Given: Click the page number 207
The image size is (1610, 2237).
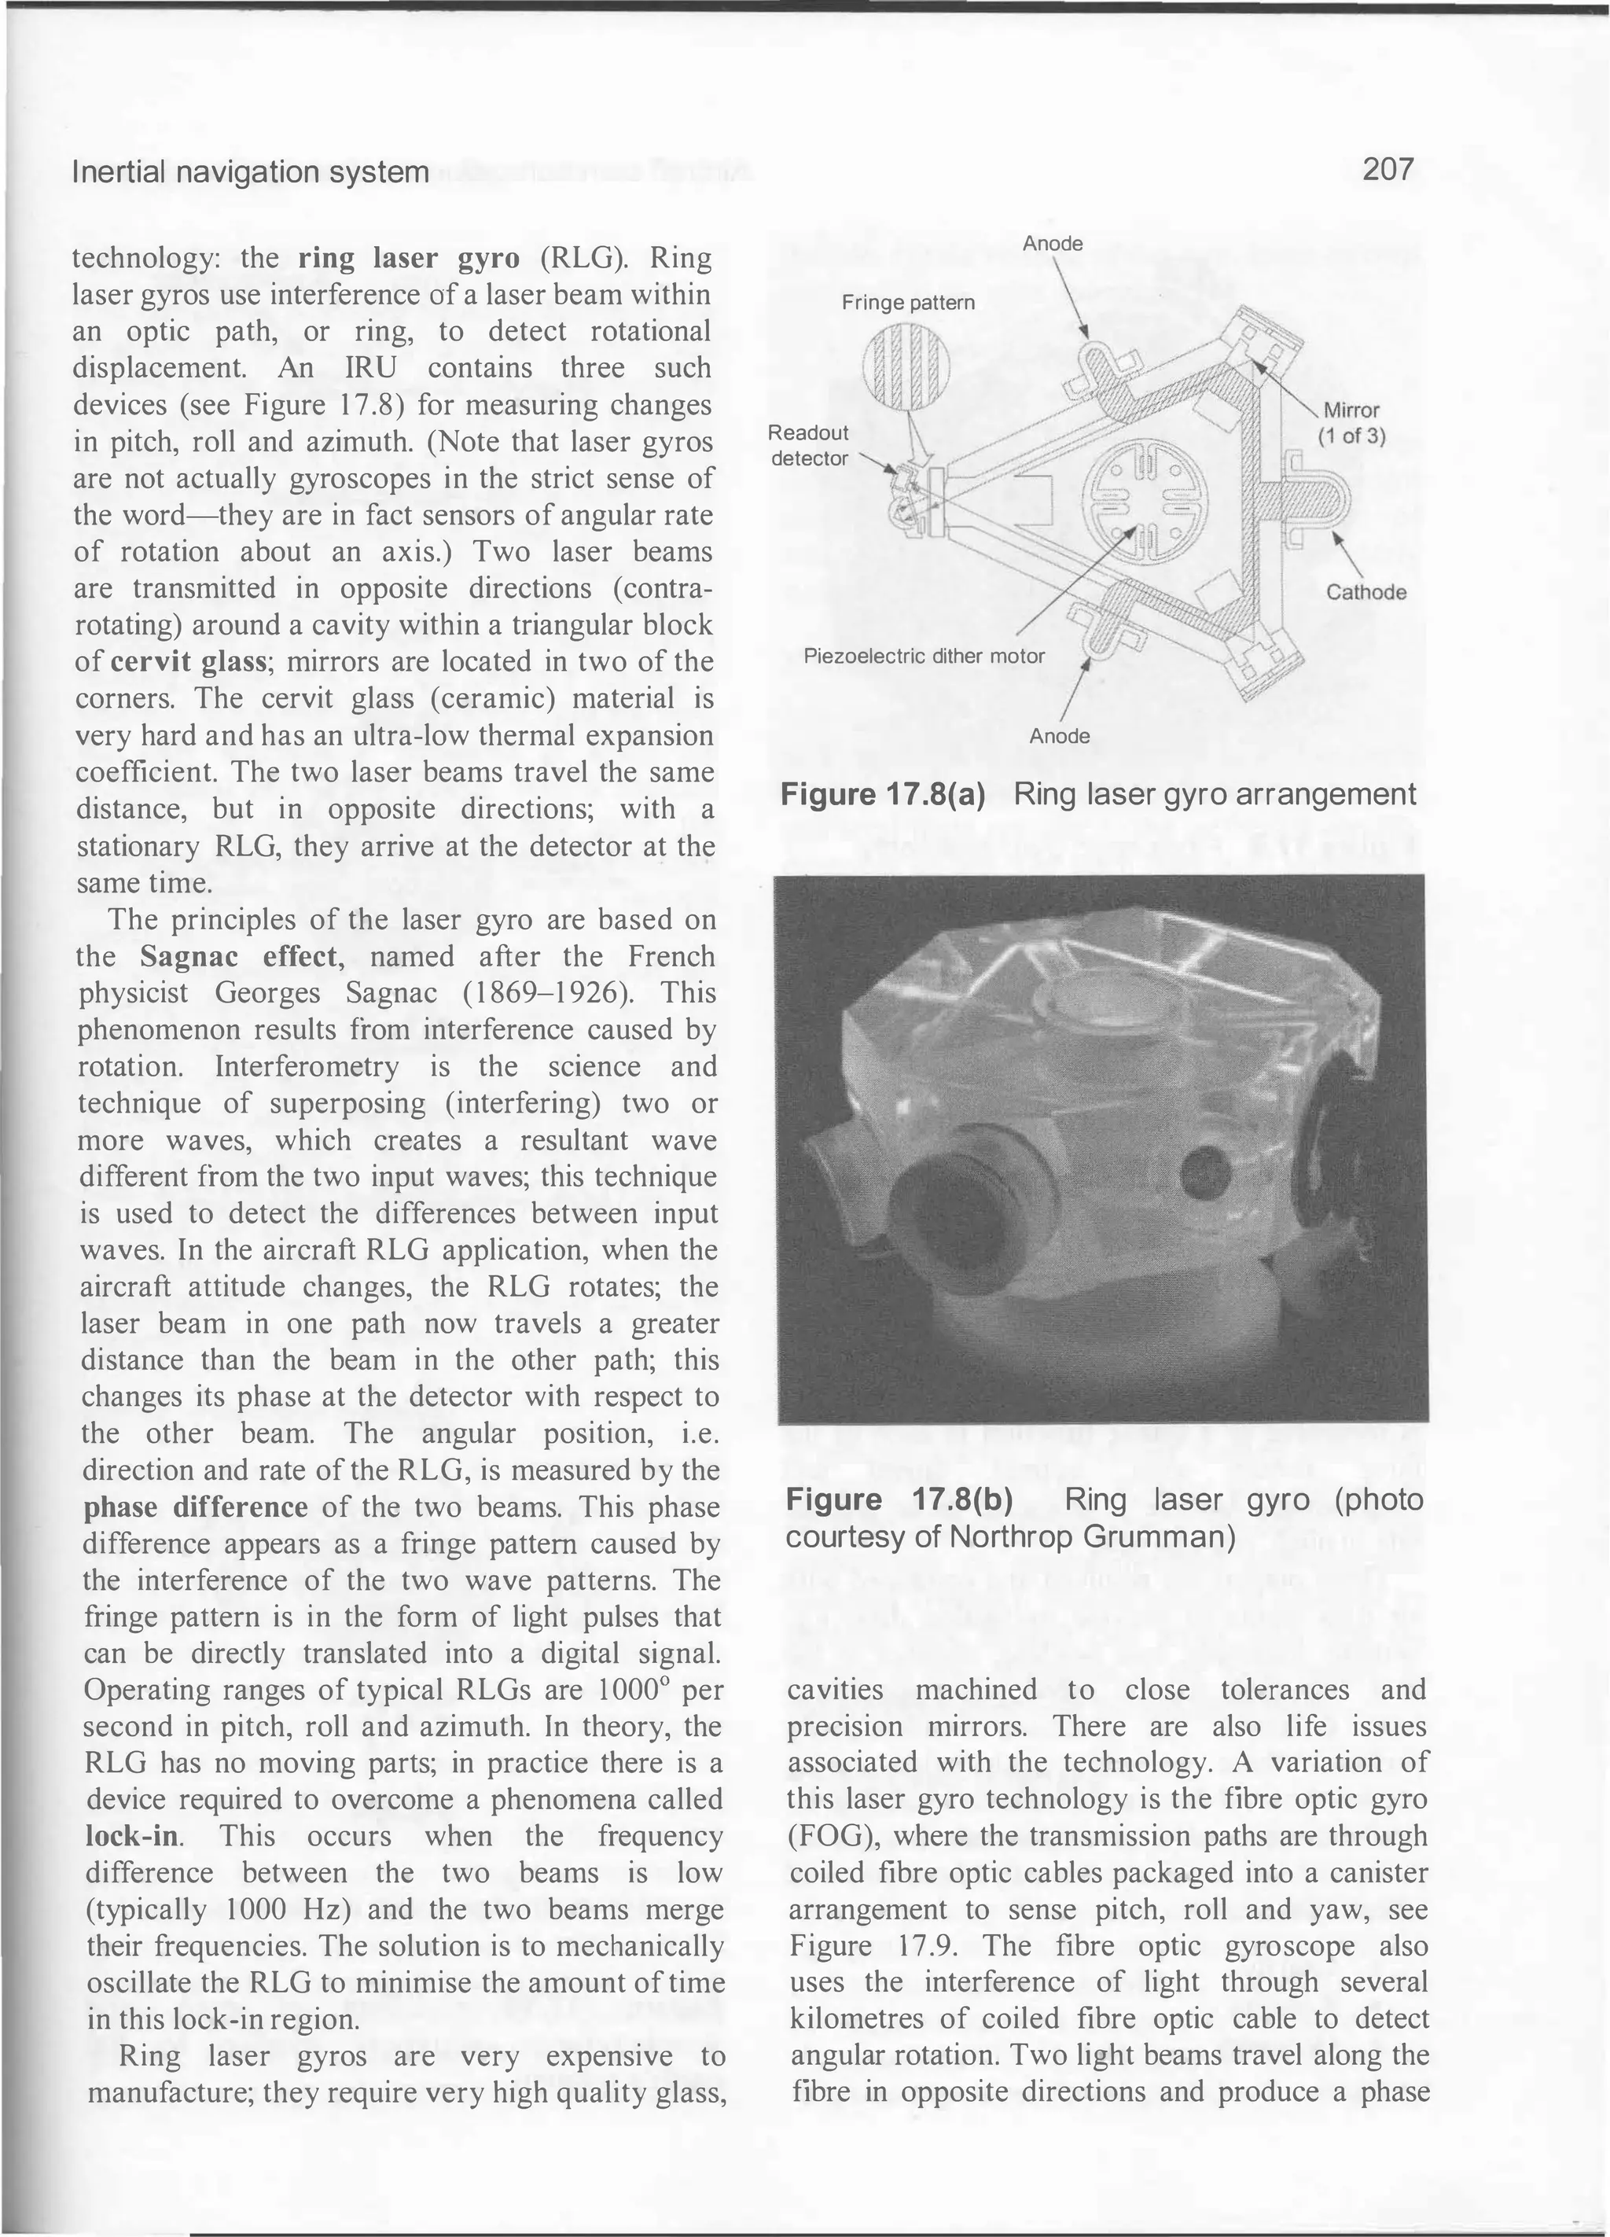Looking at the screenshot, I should click(x=1388, y=170).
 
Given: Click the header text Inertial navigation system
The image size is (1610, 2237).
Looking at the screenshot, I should click(x=251, y=173).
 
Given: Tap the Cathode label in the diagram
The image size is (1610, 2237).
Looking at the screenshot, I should click(x=1366, y=592).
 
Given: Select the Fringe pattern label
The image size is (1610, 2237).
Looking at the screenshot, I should click(x=907, y=303).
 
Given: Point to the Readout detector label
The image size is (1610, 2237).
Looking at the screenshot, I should click(x=808, y=445).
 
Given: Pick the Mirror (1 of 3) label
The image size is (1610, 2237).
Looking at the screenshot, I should click(x=1351, y=423).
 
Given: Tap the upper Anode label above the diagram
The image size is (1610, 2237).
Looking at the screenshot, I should click(x=1052, y=244).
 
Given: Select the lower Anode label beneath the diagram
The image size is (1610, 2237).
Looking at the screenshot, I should click(x=1059, y=737).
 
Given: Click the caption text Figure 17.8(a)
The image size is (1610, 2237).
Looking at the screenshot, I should click(x=882, y=794).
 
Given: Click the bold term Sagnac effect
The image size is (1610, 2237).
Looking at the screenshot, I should click(x=241, y=956).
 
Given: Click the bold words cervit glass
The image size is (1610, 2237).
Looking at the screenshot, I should click(x=189, y=662).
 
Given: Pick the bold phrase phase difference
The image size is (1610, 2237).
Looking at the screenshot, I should click(x=195, y=1507).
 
